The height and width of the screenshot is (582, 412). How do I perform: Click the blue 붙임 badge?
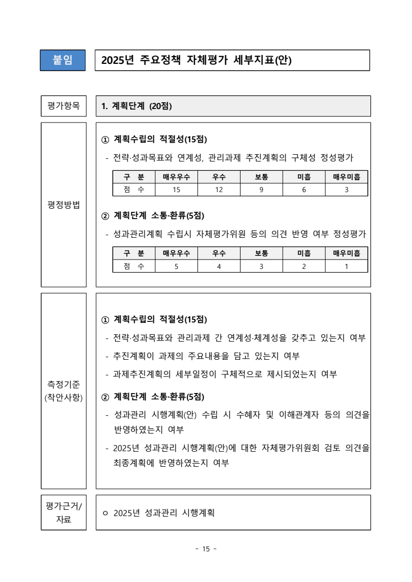pyautogui.click(x=63, y=60)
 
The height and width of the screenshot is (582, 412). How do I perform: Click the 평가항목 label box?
pyautogui.click(x=63, y=106)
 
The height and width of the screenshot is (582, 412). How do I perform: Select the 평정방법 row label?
pyautogui.click(x=63, y=205)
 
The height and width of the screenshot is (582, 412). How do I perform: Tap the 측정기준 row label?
pyautogui.click(x=63, y=390)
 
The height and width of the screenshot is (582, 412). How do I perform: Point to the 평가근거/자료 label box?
pyautogui.click(x=63, y=512)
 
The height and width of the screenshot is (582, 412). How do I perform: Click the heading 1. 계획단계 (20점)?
pyautogui.click(x=137, y=106)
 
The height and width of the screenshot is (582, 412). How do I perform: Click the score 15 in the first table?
pyautogui.click(x=176, y=190)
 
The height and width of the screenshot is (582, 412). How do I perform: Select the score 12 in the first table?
pyautogui.click(x=219, y=190)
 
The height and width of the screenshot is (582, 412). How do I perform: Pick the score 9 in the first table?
pyautogui.click(x=261, y=190)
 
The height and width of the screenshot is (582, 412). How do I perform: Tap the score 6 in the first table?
pyautogui.click(x=304, y=190)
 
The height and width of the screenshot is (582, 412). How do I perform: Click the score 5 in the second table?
pyautogui.click(x=176, y=266)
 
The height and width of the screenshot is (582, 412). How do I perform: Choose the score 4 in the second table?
pyautogui.click(x=219, y=266)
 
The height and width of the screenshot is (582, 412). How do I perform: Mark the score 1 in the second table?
pyautogui.click(x=347, y=266)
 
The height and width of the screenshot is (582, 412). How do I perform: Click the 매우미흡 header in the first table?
pyautogui.click(x=347, y=177)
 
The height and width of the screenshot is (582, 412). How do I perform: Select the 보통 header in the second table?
pyautogui.click(x=261, y=253)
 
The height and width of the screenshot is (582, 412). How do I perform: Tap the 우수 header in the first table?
pyautogui.click(x=219, y=177)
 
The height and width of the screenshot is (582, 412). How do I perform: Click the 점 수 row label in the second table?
pyautogui.click(x=134, y=266)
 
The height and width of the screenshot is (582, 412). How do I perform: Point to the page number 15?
pyautogui.click(x=206, y=549)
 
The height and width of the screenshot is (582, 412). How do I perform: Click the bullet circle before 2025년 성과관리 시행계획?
pyautogui.click(x=105, y=513)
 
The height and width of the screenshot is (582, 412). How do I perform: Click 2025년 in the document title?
pyautogui.click(x=117, y=60)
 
